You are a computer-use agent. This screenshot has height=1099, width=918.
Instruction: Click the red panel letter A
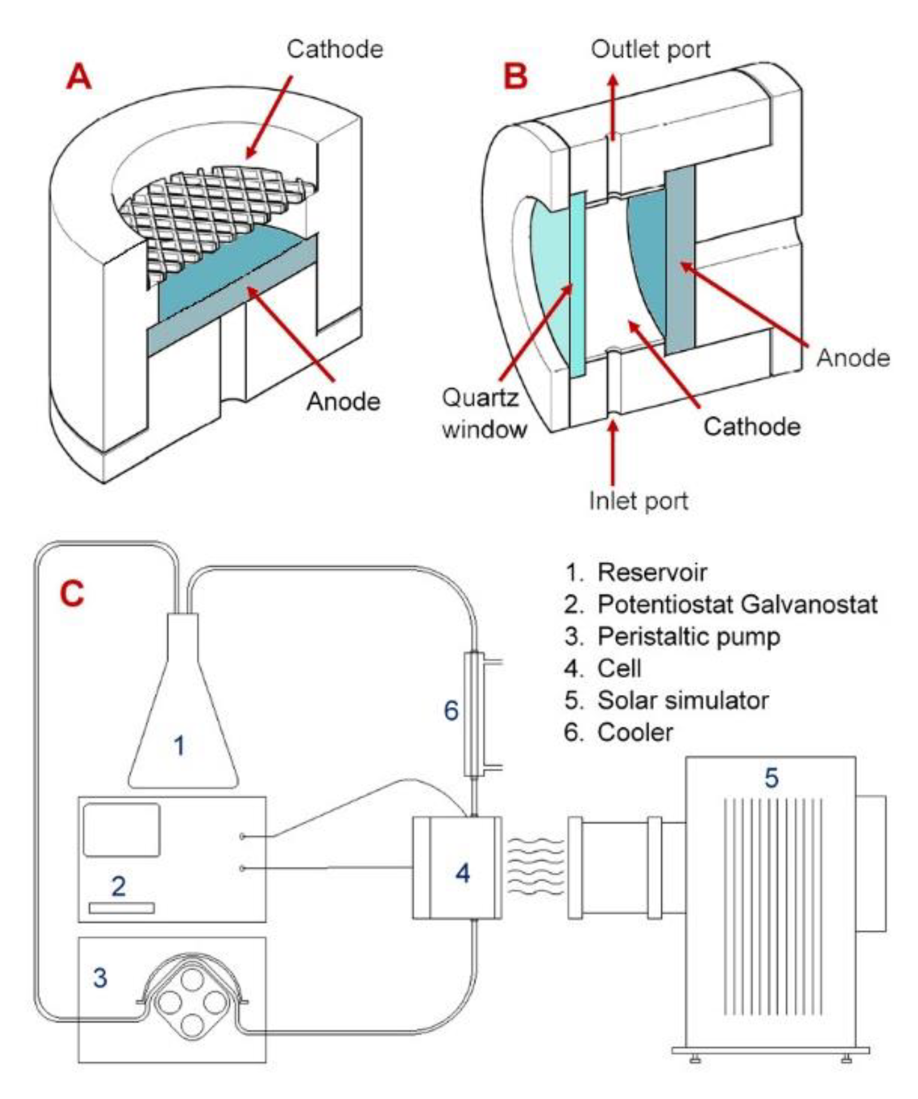79,78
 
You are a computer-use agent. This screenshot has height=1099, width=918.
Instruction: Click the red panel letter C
72,595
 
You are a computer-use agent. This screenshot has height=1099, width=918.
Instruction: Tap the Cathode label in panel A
335,50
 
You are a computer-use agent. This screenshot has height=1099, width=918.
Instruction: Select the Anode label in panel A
343,402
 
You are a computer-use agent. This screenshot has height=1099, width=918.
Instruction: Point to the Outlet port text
650,50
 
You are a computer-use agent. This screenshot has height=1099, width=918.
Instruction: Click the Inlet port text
638,501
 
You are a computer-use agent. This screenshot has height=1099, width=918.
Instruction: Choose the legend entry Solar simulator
682,701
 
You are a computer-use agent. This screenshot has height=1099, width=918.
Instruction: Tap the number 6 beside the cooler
451,711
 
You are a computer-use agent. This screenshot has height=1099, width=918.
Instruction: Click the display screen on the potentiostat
121,830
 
